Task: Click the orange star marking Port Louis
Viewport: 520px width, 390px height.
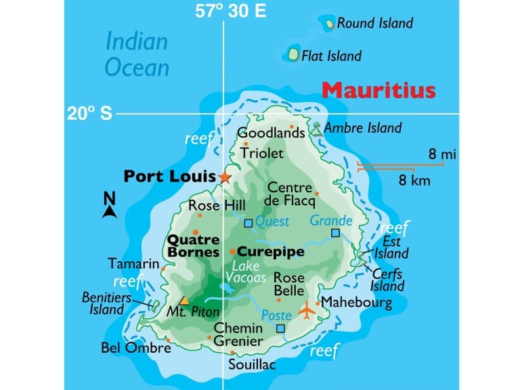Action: coord(225,177)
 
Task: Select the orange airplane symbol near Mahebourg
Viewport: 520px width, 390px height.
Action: coord(307,311)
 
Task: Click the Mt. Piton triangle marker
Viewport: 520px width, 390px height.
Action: coord(183,301)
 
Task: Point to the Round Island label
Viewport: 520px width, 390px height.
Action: coord(374,24)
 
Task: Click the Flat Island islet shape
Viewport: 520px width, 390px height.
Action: coord(294,53)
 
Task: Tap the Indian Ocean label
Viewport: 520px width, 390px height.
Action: coord(137,54)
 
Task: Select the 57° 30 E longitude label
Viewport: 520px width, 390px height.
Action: coord(230,11)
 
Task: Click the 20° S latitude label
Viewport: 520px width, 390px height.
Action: coord(89,114)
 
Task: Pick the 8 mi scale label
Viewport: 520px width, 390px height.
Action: coord(442,155)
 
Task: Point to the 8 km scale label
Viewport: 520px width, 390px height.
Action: coord(414,180)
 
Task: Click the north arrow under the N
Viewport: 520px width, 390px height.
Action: coord(108,212)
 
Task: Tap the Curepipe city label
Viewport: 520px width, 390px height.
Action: coord(270,252)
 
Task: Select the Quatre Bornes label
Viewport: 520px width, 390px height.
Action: coord(193,246)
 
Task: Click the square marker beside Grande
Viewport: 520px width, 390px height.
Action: coord(335,233)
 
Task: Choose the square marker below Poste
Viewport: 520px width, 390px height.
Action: coord(280,328)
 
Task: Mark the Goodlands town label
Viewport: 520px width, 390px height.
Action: coord(271,134)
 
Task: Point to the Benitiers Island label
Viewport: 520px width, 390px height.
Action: coord(104,303)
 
